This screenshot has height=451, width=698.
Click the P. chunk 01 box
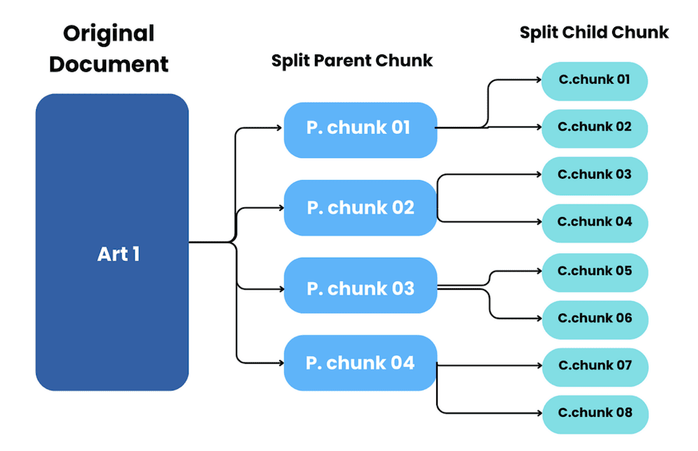click(x=360, y=129)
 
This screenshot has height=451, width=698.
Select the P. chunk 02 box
click(x=360, y=208)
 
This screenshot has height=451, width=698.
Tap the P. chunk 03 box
click(x=360, y=288)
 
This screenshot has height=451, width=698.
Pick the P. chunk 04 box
click(x=360, y=363)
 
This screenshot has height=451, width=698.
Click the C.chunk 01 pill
click(x=595, y=80)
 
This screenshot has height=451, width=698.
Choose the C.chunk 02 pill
click(x=595, y=128)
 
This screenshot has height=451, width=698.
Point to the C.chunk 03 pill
click(x=595, y=175)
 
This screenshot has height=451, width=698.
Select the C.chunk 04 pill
click(x=595, y=223)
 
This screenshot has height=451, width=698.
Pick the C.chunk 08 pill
click(x=595, y=413)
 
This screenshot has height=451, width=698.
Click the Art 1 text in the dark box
click(x=118, y=254)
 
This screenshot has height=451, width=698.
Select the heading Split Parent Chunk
click(x=352, y=61)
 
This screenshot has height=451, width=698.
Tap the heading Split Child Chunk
click(x=594, y=32)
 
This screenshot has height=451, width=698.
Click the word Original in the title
click(x=108, y=33)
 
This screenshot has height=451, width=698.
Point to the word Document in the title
click(x=109, y=64)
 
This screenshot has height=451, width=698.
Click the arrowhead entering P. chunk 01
click(x=279, y=128)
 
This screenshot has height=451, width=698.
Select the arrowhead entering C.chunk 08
click(x=538, y=413)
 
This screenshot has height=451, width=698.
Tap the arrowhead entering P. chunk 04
click(x=279, y=362)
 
